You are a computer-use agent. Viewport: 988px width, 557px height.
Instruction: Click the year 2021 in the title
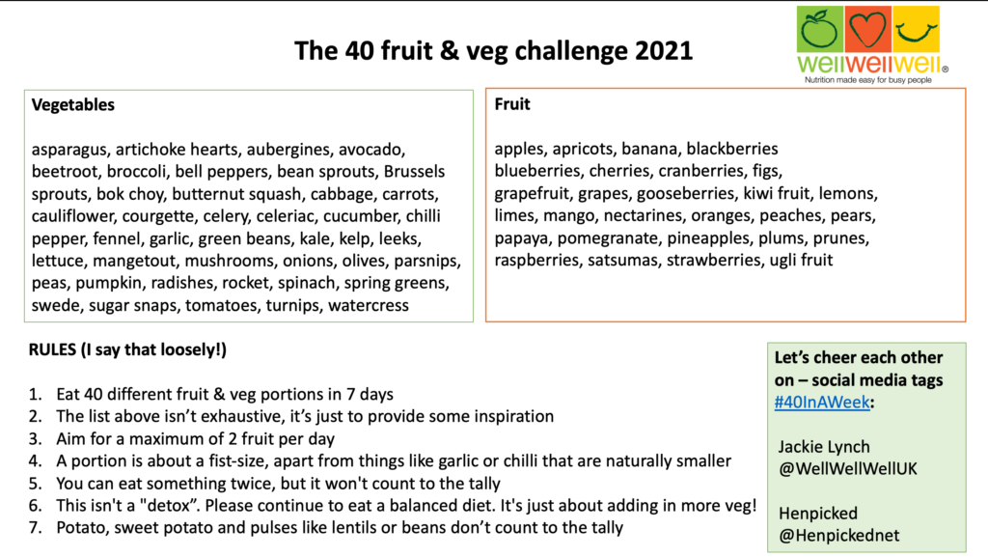pos(664,50)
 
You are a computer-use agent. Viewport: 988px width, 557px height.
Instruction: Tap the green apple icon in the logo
pos(820,29)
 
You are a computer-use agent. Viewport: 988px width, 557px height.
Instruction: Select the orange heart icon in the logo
pos(867,29)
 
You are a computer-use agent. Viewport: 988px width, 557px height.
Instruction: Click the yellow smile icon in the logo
pos(916,29)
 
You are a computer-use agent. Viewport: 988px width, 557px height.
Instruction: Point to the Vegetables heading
pos(73,104)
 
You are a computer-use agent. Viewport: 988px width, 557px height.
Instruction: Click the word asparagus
pos(69,150)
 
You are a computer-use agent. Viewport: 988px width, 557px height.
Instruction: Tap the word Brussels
pos(414,172)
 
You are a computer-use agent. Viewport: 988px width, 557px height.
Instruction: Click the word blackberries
pos(732,149)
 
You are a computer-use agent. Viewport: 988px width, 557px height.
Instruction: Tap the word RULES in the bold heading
pos(52,349)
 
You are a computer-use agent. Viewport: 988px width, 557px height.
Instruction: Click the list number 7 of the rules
pos(36,528)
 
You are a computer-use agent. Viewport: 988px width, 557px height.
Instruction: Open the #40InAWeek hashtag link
pos(822,402)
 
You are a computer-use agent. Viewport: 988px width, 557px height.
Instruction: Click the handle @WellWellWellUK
pos(847,469)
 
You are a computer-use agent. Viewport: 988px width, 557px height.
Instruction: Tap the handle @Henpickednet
pos(838,536)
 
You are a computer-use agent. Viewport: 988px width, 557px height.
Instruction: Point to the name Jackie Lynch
pos(824,447)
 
